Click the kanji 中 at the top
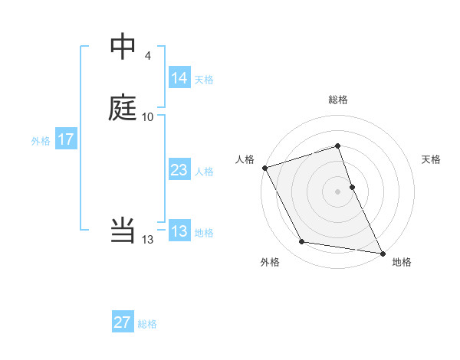[123, 47]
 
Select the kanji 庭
[123, 108]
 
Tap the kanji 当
[123, 230]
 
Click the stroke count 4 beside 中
[148, 56]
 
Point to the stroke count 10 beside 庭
[148, 117]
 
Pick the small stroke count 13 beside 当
[148, 240]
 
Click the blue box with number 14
[179, 78]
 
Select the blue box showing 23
[179, 170]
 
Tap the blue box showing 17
[65, 139]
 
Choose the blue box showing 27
[122, 322]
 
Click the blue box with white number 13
[179, 231]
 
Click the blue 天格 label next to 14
[204, 79]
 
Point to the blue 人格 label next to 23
[204, 172]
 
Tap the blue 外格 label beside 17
[40, 141]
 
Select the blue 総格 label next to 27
[147, 324]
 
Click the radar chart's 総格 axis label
[337, 100]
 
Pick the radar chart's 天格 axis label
[431, 159]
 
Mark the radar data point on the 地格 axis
[382, 253]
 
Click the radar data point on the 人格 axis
[264, 168]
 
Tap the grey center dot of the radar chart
[337, 191]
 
